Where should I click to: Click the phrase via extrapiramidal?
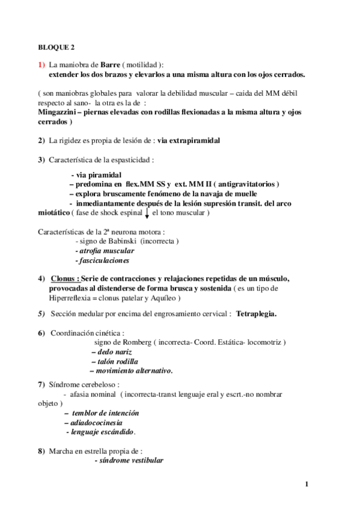(x=189, y=141)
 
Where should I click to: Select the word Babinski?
(x=116, y=241)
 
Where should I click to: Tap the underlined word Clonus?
(x=64, y=278)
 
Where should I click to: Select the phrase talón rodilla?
(x=114, y=361)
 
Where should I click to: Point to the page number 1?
(x=307, y=484)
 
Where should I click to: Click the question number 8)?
(x=41, y=450)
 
